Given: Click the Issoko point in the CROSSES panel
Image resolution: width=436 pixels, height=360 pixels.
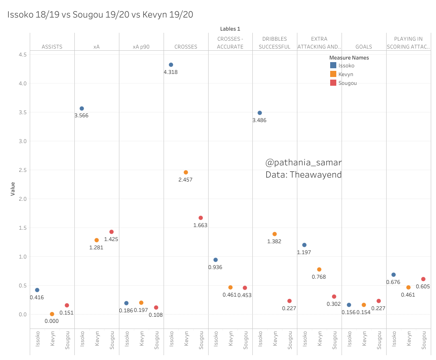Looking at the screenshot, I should coord(171,65).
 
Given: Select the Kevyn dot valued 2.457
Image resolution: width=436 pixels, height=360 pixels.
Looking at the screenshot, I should coord(186,172).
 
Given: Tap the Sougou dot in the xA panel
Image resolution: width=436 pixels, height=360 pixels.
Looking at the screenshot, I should coord(112,232).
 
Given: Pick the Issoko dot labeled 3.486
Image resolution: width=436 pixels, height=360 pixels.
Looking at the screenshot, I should coord(260,113).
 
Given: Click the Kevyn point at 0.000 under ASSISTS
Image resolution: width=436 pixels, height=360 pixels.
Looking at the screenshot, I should coord(52,314).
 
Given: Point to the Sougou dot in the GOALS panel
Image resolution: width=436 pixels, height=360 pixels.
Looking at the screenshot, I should coord(379,301).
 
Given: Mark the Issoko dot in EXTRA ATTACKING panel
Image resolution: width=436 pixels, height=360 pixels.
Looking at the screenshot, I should coord(304,245).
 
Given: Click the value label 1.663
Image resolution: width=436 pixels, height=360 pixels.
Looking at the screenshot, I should coord(200,225).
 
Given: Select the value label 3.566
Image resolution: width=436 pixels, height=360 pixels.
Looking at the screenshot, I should coord(81,116).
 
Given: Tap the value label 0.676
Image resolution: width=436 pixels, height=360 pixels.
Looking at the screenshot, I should coord(393,282).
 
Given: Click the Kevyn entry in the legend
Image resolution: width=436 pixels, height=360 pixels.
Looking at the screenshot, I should coord(345,74).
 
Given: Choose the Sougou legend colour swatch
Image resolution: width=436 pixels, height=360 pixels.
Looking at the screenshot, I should coord(333,83).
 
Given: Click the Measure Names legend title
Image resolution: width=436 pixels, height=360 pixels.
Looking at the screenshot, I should coord(349,58).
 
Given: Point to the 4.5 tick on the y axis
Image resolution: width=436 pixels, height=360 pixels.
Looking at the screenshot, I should coord(22,55).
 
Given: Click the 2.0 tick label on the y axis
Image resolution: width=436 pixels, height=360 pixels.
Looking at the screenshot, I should coord(22,199).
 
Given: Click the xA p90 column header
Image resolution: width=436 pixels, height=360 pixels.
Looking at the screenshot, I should coord(141,46).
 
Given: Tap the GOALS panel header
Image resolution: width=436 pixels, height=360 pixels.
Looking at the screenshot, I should coord(363,46).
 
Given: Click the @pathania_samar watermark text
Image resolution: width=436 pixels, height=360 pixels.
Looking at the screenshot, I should coord(303,163).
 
